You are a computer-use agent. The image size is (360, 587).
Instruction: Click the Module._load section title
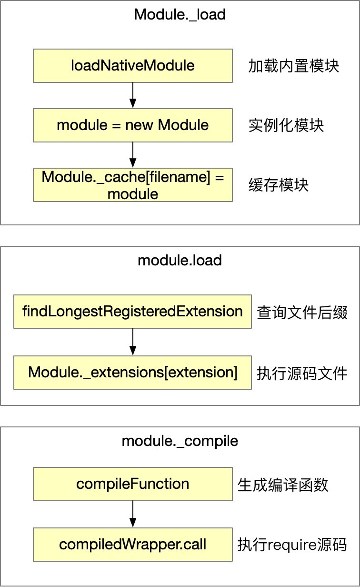(180, 14)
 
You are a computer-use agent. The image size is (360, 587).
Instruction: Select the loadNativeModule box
(133, 65)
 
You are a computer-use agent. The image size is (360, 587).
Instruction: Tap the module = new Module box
(133, 125)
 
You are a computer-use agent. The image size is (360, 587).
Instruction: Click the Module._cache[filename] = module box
(133, 185)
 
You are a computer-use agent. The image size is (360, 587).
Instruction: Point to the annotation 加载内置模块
(293, 66)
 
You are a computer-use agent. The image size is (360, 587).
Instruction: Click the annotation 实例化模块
(286, 125)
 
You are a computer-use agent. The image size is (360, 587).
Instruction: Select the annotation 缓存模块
(278, 185)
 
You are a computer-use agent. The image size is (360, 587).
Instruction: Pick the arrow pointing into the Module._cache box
(133, 155)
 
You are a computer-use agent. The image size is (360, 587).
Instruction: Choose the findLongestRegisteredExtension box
(132, 312)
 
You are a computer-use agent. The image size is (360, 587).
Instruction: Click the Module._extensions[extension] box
(132, 372)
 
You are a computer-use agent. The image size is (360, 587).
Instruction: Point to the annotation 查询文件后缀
(302, 313)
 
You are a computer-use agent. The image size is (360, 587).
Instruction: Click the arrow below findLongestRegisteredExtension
(133, 342)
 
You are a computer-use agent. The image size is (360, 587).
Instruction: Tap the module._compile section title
(180, 441)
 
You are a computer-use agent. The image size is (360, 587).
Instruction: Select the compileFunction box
(133, 484)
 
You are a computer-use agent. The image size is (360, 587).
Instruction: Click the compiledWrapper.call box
(133, 544)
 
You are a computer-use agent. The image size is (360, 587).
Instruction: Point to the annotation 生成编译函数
(283, 485)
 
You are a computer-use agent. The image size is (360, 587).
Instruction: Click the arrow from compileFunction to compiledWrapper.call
(133, 514)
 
